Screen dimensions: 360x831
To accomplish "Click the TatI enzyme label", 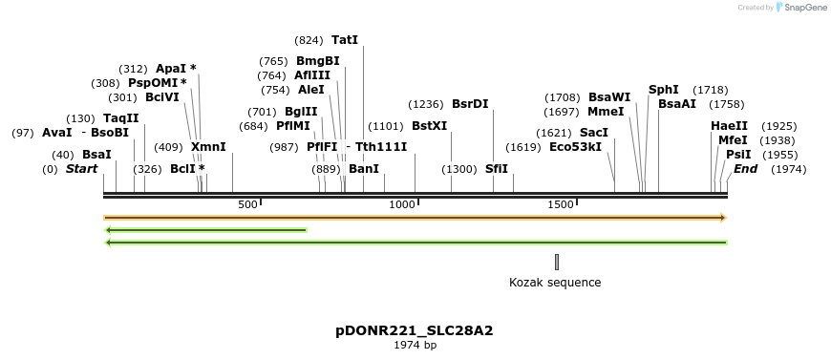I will tap(344, 40).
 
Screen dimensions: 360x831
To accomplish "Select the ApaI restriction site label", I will tap(172, 69).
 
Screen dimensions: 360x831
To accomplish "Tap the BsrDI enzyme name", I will tap(470, 104).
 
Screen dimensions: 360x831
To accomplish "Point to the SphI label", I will tap(663, 90).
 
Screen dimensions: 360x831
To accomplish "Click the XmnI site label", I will tap(208, 147).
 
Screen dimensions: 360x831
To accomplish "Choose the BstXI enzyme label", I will tap(429, 126).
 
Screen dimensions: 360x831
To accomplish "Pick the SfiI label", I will tap(497, 169).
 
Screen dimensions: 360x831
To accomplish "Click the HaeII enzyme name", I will tap(729, 126).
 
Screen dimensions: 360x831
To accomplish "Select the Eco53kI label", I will tap(575, 147).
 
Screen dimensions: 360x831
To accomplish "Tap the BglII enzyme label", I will tap(301, 112).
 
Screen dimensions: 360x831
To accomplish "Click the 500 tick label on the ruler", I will tap(247, 204).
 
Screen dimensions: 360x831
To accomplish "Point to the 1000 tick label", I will tap(402, 204).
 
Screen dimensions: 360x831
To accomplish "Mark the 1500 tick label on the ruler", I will tap(560, 204).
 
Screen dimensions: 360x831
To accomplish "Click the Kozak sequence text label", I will tap(555, 282).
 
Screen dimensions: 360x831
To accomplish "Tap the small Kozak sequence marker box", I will tap(557, 262).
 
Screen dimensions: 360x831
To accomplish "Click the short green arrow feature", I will tap(205, 230).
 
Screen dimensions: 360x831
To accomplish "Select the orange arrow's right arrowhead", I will tap(722, 218).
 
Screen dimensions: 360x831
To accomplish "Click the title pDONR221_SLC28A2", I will tap(415, 331).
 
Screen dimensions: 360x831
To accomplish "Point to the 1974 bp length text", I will tap(415, 346).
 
